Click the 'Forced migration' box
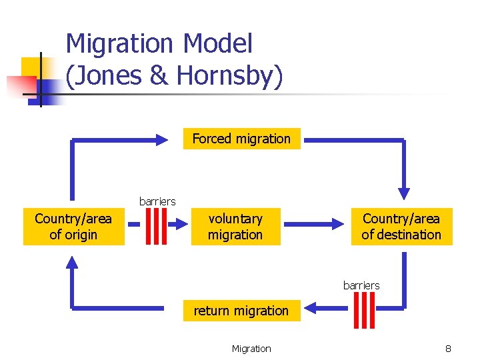241,139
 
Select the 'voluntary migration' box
235,227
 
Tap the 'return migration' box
241,311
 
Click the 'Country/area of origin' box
73,227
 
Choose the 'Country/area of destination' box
401,227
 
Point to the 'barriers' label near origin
157,201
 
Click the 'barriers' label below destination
361,285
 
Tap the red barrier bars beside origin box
155,227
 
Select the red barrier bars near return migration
365,310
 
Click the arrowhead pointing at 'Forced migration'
163,139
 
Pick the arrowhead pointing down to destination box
404,193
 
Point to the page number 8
449,349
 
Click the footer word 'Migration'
251,349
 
